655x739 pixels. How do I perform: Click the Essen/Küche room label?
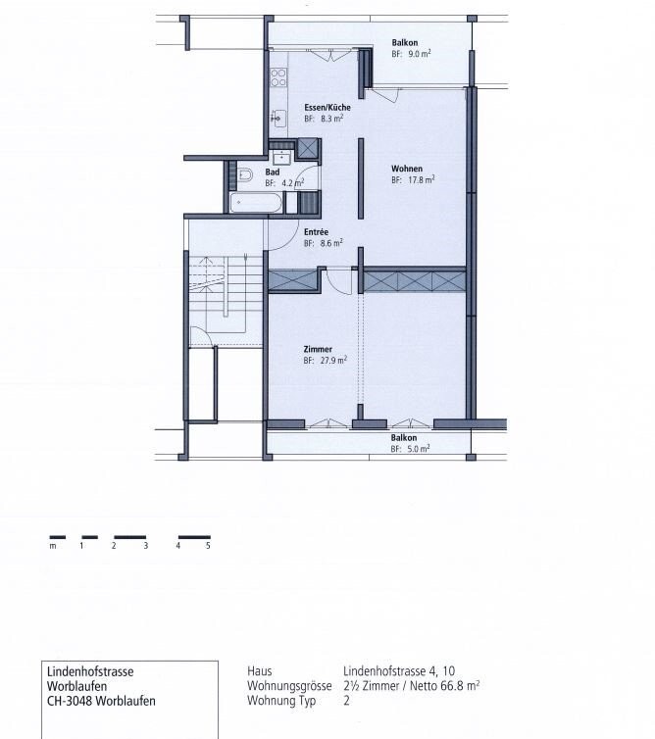point(324,107)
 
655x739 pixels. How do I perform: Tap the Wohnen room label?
point(407,169)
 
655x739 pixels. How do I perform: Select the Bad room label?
point(273,172)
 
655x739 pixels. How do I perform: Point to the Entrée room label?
point(316,231)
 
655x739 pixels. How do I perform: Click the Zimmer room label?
point(318,349)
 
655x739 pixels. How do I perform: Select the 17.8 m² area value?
point(421,180)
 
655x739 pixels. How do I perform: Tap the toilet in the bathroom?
point(245,175)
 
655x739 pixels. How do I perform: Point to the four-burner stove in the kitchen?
point(278,76)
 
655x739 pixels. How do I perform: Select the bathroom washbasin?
point(283,157)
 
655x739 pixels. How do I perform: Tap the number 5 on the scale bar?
point(209,545)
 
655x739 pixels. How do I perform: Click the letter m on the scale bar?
point(52,545)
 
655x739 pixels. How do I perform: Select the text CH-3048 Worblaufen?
point(101,701)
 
